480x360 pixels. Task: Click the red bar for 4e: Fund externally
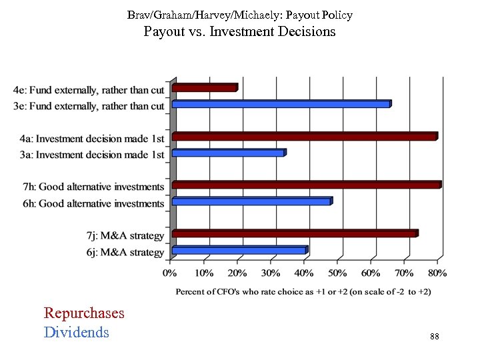pos(205,88)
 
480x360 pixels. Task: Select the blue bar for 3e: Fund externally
pos(281,104)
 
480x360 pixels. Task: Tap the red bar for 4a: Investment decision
pos(305,137)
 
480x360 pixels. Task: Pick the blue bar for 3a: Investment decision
pos(229,153)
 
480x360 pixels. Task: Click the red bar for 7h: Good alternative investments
pos(307,185)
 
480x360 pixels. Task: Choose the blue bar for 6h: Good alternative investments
pos(252,201)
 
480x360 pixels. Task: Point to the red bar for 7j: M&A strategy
pos(295,234)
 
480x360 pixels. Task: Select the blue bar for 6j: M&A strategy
pos(240,251)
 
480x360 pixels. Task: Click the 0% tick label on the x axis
pos(171,273)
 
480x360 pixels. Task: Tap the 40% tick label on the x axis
pos(304,273)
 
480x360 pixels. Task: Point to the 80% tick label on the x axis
pos(437,273)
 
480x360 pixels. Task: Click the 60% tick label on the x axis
pos(371,273)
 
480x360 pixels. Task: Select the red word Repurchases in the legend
pos(84,313)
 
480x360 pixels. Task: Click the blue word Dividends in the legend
pos(76,332)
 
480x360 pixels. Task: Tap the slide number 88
pos(435,337)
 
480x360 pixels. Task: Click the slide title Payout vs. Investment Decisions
pos(240,31)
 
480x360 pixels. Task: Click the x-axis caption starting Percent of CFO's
pos(303,291)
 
